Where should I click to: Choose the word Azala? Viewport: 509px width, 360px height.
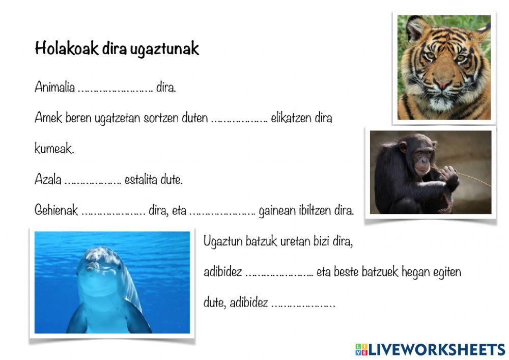point(48,180)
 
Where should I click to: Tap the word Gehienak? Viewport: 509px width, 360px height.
point(56,211)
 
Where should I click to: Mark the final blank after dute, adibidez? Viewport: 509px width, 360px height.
point(303,304)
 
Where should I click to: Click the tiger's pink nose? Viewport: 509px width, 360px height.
point(442,83)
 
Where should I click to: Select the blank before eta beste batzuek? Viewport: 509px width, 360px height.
point(279,273)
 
